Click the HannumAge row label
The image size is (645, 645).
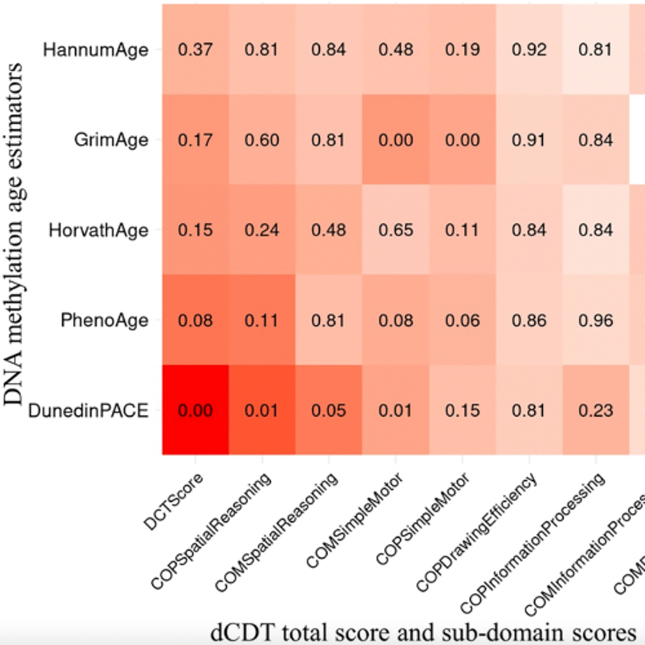(95, 50)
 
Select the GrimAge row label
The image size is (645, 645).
(111, 140)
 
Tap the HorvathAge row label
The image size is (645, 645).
(98, 230)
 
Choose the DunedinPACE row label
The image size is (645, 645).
(88, 411)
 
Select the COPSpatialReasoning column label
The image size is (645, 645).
(211, 531)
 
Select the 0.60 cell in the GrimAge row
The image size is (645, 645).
(262, 140)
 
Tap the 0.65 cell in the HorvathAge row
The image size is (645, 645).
(396, 230)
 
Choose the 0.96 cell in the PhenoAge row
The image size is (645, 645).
(596, 321)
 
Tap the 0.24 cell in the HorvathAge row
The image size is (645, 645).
(262, 230)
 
